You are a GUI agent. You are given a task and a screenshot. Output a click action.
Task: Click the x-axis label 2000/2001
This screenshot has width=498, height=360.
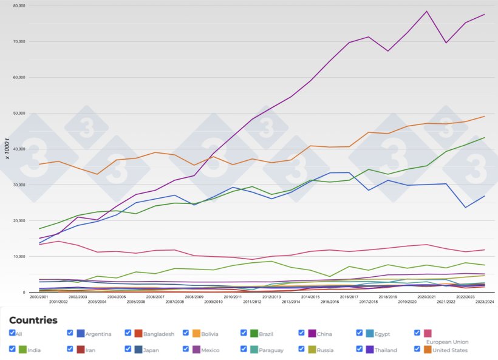(38, 297)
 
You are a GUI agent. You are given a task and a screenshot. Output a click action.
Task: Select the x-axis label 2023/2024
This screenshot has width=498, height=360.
(485, 302)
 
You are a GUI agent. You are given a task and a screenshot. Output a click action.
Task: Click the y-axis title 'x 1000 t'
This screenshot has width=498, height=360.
(7, 148)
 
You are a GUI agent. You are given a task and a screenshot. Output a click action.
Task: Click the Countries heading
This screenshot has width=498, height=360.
(33, 320)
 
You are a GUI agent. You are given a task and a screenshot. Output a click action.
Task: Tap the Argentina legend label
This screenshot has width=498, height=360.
(98, 334)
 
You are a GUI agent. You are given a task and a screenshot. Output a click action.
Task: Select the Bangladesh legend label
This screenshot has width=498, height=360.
(159, 334)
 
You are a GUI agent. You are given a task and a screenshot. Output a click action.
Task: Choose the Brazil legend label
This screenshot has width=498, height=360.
(267, 334)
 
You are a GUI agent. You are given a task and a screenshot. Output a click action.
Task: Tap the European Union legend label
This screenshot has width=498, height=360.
(448, 342)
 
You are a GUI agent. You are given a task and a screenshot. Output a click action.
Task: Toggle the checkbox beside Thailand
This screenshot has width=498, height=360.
(360, 349)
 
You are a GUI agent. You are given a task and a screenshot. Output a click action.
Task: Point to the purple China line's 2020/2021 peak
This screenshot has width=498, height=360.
(426, 12)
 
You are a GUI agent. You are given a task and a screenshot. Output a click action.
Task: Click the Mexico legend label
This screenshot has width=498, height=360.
(210, 350)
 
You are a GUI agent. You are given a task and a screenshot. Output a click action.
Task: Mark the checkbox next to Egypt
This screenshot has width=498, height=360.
(360, 333)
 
